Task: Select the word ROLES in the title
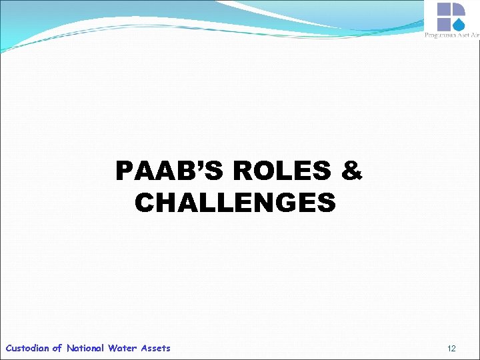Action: click(282, 172)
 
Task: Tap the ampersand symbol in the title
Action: click(351, 172)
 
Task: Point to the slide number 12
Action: click(451, 349)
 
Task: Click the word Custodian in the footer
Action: click(27, 348)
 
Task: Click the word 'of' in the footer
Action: click(57, 348)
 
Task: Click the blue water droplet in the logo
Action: click(460, 23)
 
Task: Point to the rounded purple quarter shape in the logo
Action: click(459, 9)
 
